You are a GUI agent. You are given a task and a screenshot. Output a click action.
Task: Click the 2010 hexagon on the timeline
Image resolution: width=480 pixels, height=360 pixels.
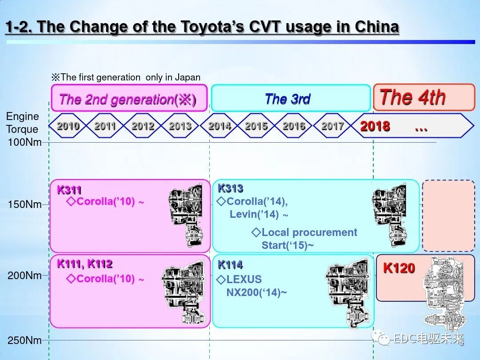pyautogui.click(x=68, y=126)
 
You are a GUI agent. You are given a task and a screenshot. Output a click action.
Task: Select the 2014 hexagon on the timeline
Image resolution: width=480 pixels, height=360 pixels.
pyautogui.click(x=219, y=126)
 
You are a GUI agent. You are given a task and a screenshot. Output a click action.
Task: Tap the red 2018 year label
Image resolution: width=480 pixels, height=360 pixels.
pyautogui.click(x=375, y=127)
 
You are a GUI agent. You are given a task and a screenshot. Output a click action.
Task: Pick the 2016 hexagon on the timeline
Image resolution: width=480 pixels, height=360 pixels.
pyautogui.click(x=294, y=126)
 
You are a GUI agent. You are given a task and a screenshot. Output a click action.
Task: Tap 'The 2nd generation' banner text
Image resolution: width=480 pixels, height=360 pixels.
pyautogui.click(x=128, y=99)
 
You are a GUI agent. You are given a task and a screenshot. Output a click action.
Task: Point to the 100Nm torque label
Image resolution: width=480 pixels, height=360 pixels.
pyautogui.click(x=25, y=143)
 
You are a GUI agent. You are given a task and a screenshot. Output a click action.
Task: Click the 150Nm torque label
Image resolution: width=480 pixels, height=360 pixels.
pyautogui.click(x=25, y=205)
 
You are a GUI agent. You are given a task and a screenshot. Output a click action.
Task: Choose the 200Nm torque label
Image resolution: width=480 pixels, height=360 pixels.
pyautogui.click(x=25, y=276)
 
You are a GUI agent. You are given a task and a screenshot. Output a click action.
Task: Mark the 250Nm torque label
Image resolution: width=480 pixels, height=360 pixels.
pyautogui.click(x=25, y=341)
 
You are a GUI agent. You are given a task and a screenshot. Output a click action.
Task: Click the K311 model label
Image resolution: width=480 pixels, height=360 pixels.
pyautogui.click(x=69, y=190)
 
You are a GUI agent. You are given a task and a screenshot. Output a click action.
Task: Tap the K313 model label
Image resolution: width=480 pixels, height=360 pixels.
pyautogui.click(x=230, y=188)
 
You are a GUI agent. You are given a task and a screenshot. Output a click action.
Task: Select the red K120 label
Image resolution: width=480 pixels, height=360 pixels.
pyautogui.click(x=399, y=268)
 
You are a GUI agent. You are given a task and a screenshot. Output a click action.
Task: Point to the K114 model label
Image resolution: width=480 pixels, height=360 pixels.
pyautogui.click(x=230, y=265)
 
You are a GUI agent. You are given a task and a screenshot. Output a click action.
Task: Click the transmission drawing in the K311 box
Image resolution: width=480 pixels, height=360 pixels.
pyautogui.click(x=186, y=215)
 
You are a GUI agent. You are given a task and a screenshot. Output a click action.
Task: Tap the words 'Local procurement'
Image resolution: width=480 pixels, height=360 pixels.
pyautogui.click(x=309, y=232)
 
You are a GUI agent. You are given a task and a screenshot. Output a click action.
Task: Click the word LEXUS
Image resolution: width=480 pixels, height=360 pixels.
pyautogui.click(x=244, y=280)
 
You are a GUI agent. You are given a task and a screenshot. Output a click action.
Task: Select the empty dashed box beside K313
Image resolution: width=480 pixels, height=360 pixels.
pyautogui.click(x=448, y=216)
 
